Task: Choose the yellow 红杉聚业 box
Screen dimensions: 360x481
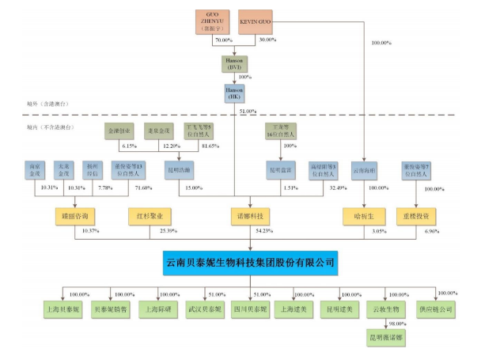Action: [148, 214]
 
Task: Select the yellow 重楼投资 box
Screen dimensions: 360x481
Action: [416, 214]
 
